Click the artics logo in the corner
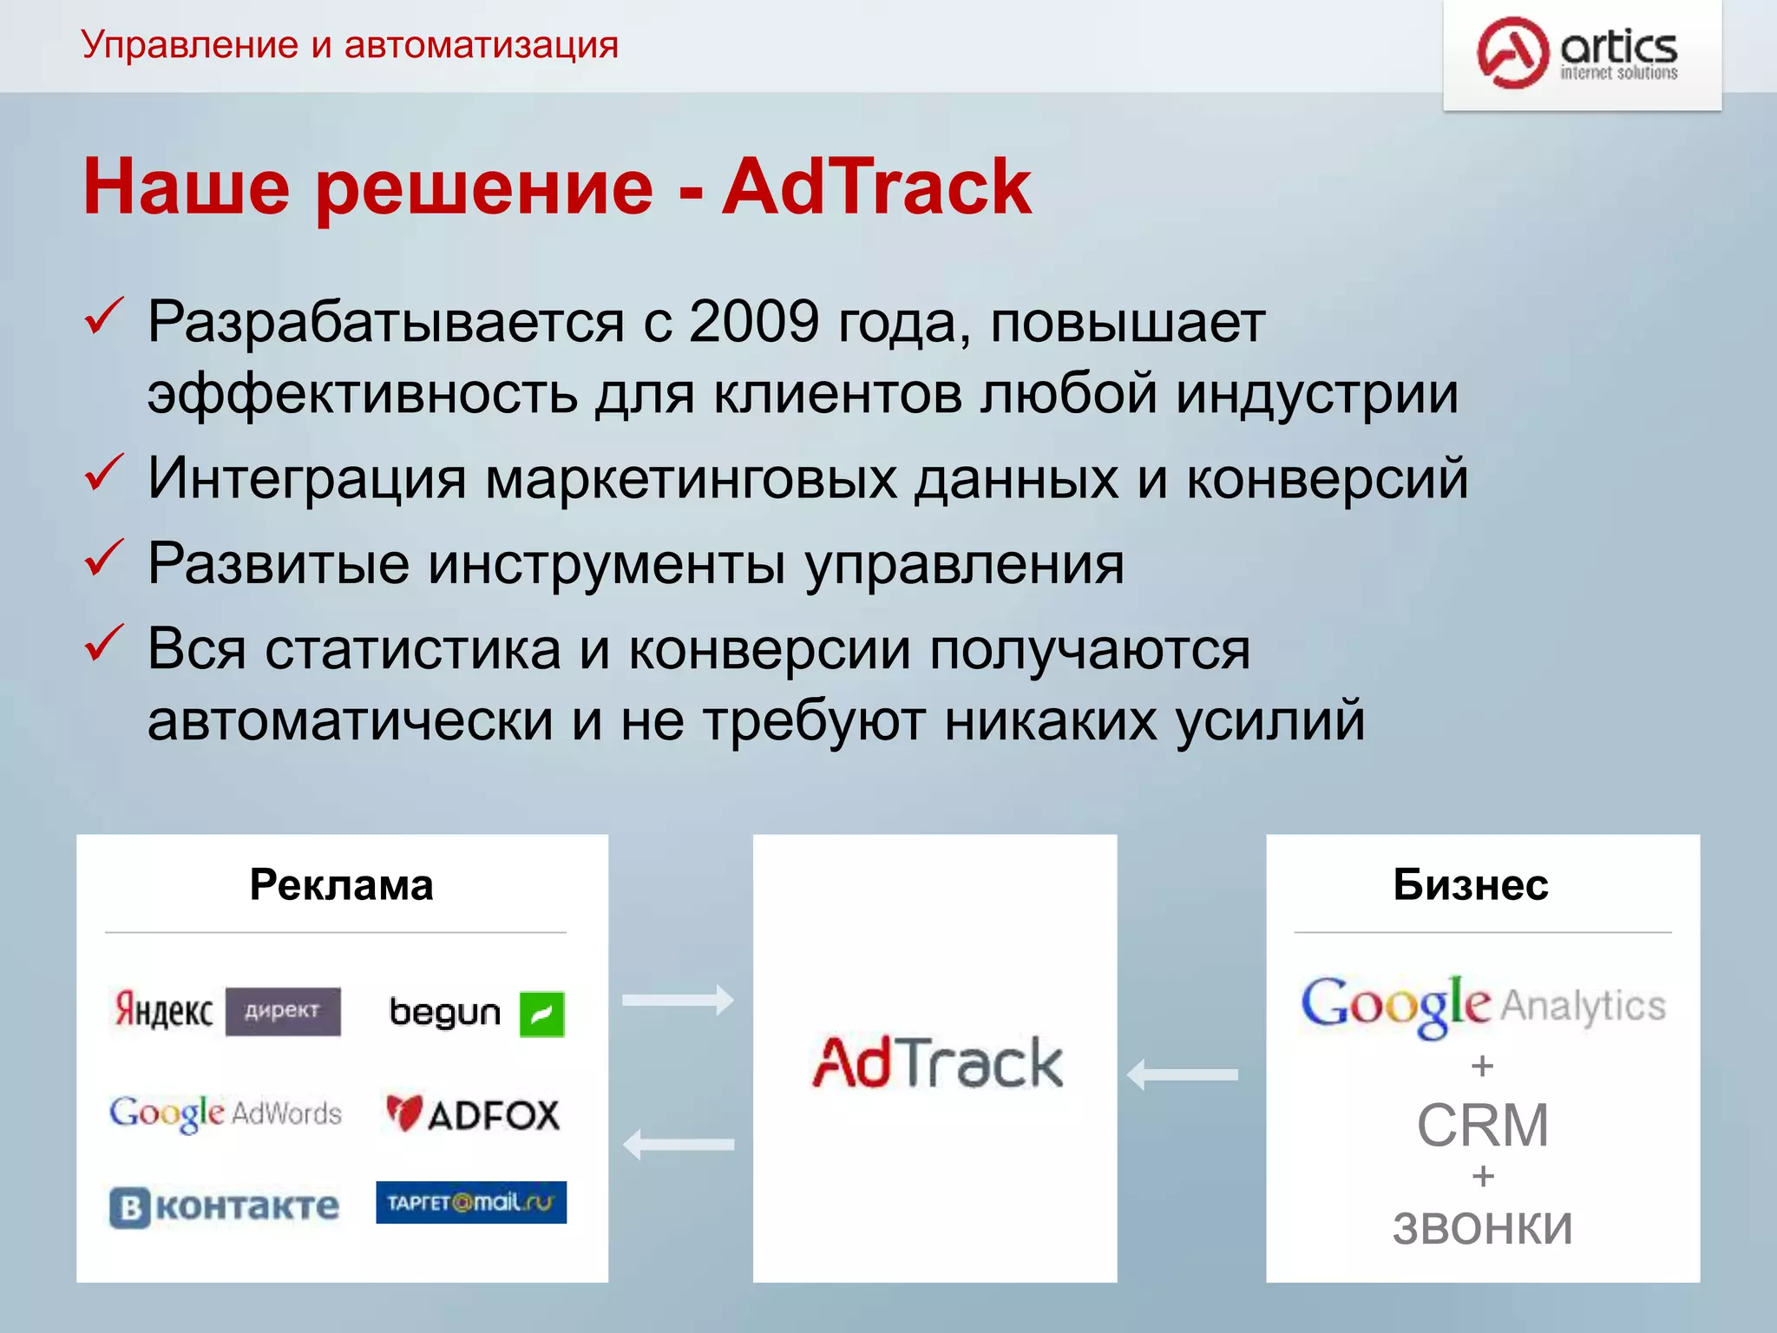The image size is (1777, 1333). click(x=1579, y=54)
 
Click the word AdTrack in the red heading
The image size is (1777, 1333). click(x=876, y=187)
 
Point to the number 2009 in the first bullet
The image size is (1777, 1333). click(x=753, y=322)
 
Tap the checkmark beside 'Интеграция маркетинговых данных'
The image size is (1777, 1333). click(x=103, y=474)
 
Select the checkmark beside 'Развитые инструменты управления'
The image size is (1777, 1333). click(x=103, y=559)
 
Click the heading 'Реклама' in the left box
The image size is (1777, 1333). click(x=341, y=885)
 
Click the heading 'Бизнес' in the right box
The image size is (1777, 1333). click(x=1471, y=885)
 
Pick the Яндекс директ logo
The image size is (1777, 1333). click(x=226, y=1011)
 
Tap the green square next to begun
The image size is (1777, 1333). click(x=541, y=1014)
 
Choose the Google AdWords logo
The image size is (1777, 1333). click(x=226, y=1113)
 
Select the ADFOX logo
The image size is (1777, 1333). click(x=474, y=1114)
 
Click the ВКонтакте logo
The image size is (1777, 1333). click(x=224, y=1206)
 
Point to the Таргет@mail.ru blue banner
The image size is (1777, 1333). click(x=471, y=1202)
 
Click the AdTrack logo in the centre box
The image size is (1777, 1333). click(x=937, y=1062)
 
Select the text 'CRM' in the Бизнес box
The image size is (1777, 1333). click(x=1482, y=1126)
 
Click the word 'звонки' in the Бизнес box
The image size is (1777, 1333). click(x=1482, y=1227)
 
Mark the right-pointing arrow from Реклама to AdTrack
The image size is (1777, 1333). click(x=678, y=1000)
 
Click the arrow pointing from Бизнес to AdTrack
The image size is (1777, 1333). click(x=1182, y=1074)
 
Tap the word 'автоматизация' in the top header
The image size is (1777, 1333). click(x=481, y=44)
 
